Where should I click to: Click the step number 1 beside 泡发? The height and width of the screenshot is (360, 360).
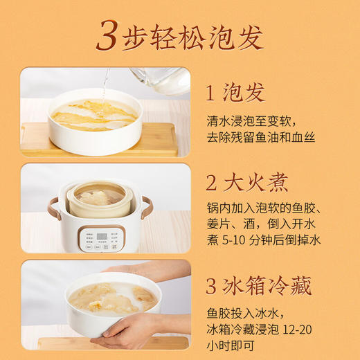click(x=212, y=92)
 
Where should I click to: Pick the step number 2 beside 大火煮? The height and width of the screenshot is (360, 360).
click(x=212, y=183)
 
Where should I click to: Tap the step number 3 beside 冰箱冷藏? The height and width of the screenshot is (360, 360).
click(x=212, y=285)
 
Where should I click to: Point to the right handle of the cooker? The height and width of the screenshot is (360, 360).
click(x=147, y=207)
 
